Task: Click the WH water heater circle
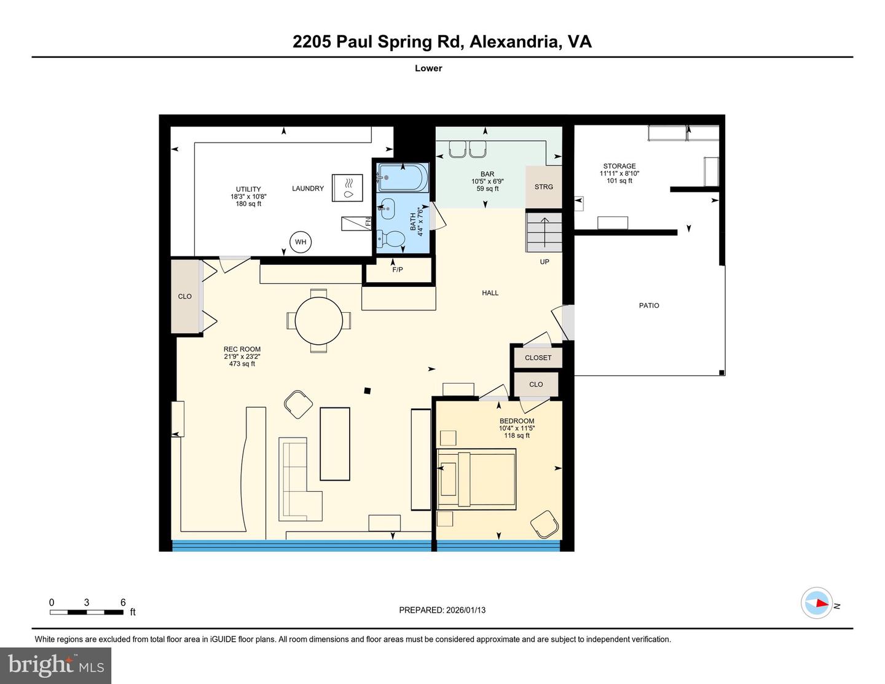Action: [300, 242]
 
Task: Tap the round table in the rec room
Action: [319, 320]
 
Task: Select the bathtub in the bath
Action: [400, 178]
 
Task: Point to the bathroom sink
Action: [387, 209]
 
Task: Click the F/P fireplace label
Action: [398, 270]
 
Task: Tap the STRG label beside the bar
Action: [543, 187]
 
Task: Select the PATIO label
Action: [649, 305]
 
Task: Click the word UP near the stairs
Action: [544, 262]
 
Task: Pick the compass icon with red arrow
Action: [817, 603]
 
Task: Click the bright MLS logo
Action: [55, 666]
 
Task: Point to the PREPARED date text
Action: [442, 610]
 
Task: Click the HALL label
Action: [490, 293]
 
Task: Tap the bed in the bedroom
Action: [476, 479]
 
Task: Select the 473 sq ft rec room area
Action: [242, 364]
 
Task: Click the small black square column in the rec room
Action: [368, 390]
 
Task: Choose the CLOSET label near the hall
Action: [538, 358]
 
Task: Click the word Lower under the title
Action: [428, 68]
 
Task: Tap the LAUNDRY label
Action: [307, 189]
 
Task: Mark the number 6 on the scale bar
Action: [123, 602]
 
